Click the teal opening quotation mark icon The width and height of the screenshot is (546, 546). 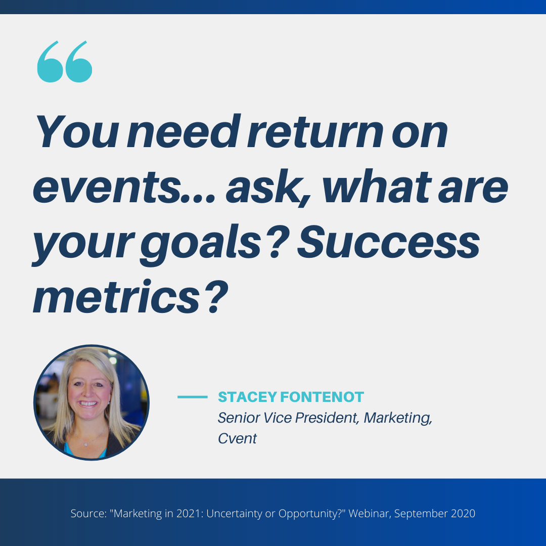tap(65, 62)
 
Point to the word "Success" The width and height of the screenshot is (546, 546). tap(388, 242)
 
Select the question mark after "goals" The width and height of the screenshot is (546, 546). tap(279, 242)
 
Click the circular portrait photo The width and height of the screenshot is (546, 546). tap(92, 402)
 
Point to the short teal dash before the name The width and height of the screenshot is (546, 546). tap(193, 397)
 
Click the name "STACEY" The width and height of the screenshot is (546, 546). tap(248, 397)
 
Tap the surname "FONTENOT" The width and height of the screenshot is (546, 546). tap(322, 397)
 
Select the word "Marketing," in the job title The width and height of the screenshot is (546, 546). tap(398, 418)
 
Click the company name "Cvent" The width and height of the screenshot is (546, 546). tap(237, 439)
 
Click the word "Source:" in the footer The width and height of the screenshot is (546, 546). tap(88, 513)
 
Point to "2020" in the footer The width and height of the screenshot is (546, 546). tap(463, 513)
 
